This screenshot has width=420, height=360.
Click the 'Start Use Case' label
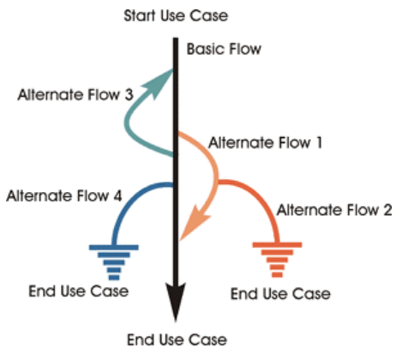click(176, 16)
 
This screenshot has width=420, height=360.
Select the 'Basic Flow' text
click(225, 50)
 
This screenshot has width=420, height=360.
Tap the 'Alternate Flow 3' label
click(75, 94)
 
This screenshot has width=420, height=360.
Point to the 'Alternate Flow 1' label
click(266, 141)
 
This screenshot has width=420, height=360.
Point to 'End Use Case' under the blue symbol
click(79, 291)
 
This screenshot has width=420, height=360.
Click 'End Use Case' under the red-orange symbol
click(280, 294)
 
